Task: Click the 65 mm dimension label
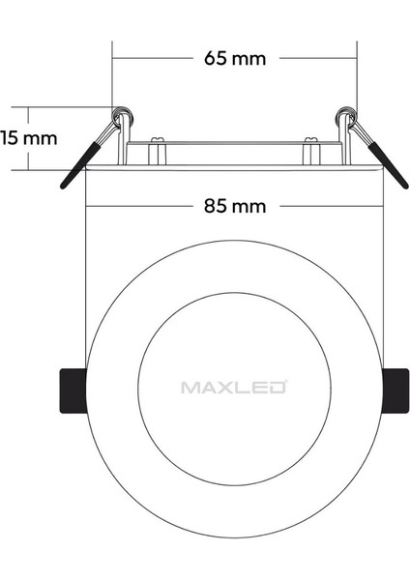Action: tap(235, 58)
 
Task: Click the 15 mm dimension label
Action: tap(28, 138)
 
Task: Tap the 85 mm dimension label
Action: tap(235, 206)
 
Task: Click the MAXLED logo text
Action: tap(234, 387)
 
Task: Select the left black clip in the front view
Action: tap(73, 391)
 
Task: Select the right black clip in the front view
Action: tap(395, 391)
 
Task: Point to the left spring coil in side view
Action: tap(123, 115)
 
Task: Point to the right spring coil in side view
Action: tap(346, 115)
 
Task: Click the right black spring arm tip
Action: tap(405, 186)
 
